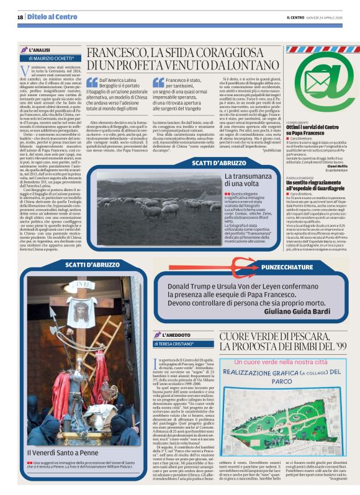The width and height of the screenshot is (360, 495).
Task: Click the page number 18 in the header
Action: [x=20, y=17]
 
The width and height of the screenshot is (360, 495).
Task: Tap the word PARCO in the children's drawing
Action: [x=282, y=381]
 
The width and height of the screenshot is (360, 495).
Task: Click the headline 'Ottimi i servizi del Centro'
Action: [x=311, y=127]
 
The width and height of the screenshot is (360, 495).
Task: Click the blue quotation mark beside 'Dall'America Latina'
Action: [x=91, y=82]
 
